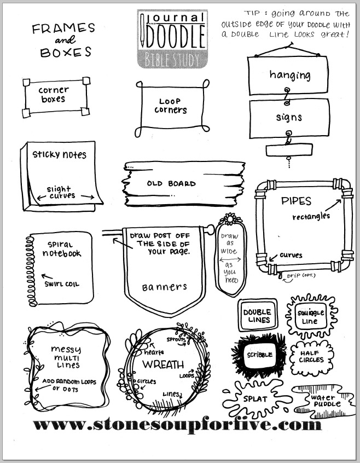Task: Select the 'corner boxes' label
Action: (54, 94)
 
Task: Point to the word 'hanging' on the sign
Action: (289, 75)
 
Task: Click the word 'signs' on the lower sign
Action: (289, 117)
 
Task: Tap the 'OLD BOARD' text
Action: (171, 184)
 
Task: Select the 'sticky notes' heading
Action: (59, 154)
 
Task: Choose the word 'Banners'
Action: (164, 287)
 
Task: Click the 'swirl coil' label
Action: (61, 283)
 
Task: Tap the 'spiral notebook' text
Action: (60, 248)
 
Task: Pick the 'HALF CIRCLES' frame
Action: (311, 356)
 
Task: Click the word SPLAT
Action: (255, 399)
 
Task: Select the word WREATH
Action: (163, 364)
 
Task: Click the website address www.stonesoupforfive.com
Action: (176, 424)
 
